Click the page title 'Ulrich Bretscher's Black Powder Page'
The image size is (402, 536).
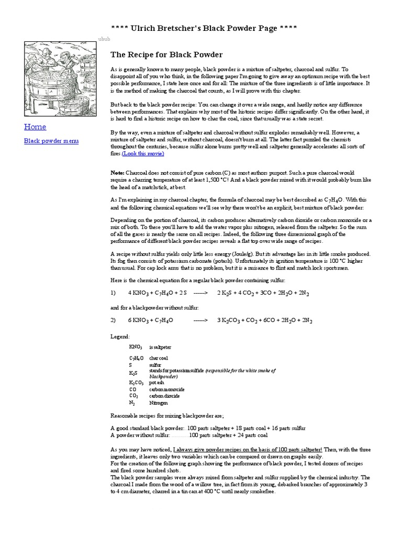204,28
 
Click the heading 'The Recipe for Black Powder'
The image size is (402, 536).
166,54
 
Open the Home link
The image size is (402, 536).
35,127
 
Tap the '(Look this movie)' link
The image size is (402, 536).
143,154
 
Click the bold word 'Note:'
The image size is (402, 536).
117,172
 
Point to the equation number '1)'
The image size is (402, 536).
114,293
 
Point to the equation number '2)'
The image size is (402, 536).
114,320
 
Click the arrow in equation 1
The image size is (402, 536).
200,293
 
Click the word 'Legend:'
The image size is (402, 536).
120,336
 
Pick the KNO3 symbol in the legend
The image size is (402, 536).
136,347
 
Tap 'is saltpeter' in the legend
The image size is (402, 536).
160,347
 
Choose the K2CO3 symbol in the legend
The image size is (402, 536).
137,383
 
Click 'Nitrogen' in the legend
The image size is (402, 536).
159,403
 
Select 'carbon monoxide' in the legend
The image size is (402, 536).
166,389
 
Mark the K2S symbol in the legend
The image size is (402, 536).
133,373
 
